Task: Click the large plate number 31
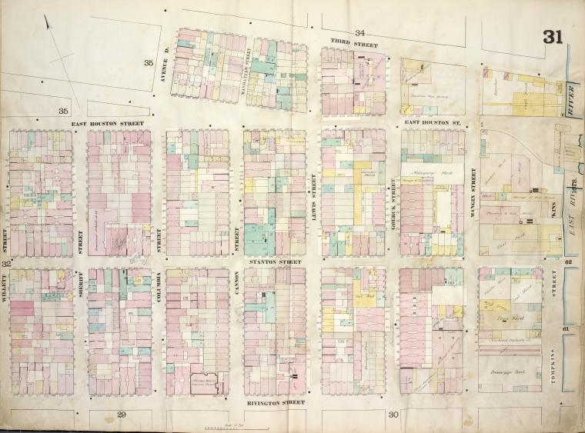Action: pyautogui.click(x=552, y=37)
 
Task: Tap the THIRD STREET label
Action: pyautogui.click(x=355, y=45)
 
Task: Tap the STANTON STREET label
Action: pyautogui.click(x=275, y=261)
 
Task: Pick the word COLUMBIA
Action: pyautogui.click(x=159, y=290)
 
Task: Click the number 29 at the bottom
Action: pyautogui.click(x=122, y=415)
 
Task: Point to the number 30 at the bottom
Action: pyautogui.click(x=393, y=415)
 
